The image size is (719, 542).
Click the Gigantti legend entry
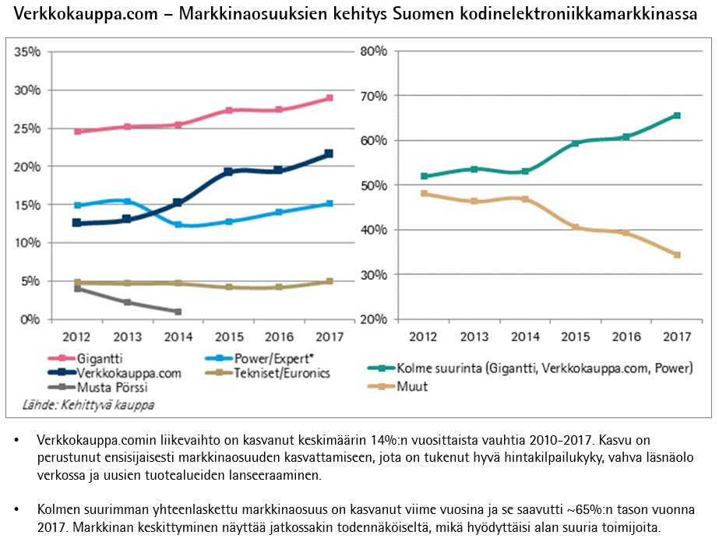click(99, 359)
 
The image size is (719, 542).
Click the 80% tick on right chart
click(372, 51)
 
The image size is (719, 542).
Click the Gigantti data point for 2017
click(330, 98)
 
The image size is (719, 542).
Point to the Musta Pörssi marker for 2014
click(178, 311)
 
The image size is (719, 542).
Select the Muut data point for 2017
click(677, 255)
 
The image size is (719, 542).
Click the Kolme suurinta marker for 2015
click(576, 143)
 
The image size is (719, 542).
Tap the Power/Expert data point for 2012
click(77, 206)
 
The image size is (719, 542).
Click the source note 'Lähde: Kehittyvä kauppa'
click(86, 404)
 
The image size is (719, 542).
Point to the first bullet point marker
click(18, 442)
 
